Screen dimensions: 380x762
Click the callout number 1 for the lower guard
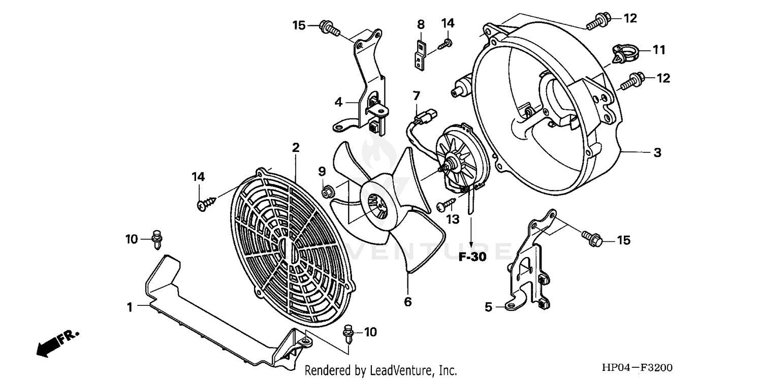click(x=130, y=307)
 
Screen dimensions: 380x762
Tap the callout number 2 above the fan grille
click(x=296, y=148)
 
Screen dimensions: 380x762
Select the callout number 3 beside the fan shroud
click(x=657, y=152)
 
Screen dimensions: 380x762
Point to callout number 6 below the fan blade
click(x=407, y=302)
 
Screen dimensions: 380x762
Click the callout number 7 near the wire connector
click(x=417, y=96)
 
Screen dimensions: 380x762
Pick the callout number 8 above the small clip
click(x=421, y=24)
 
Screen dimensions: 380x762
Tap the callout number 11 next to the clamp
click(x=659, y=50)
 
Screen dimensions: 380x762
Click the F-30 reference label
click(x=472, y=257)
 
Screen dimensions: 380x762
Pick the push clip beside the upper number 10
click(x=157, y=239)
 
